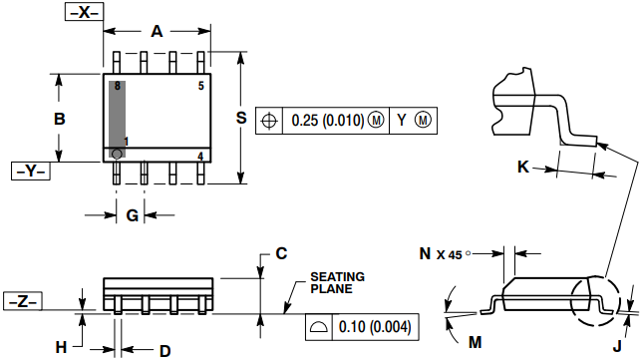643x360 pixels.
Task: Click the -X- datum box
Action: [84, 12]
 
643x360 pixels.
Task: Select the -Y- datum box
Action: [31, 171]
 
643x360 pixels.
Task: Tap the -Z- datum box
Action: [23, 301]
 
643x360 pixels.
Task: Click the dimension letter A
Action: [157, 31]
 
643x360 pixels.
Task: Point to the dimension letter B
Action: [60, 119]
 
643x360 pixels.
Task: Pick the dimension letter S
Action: [241, 118]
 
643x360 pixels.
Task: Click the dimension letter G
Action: [132, 215]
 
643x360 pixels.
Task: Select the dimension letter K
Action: [523, 167]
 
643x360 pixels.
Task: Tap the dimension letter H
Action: [61, 348]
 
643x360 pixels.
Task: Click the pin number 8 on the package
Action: [118, 86]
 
